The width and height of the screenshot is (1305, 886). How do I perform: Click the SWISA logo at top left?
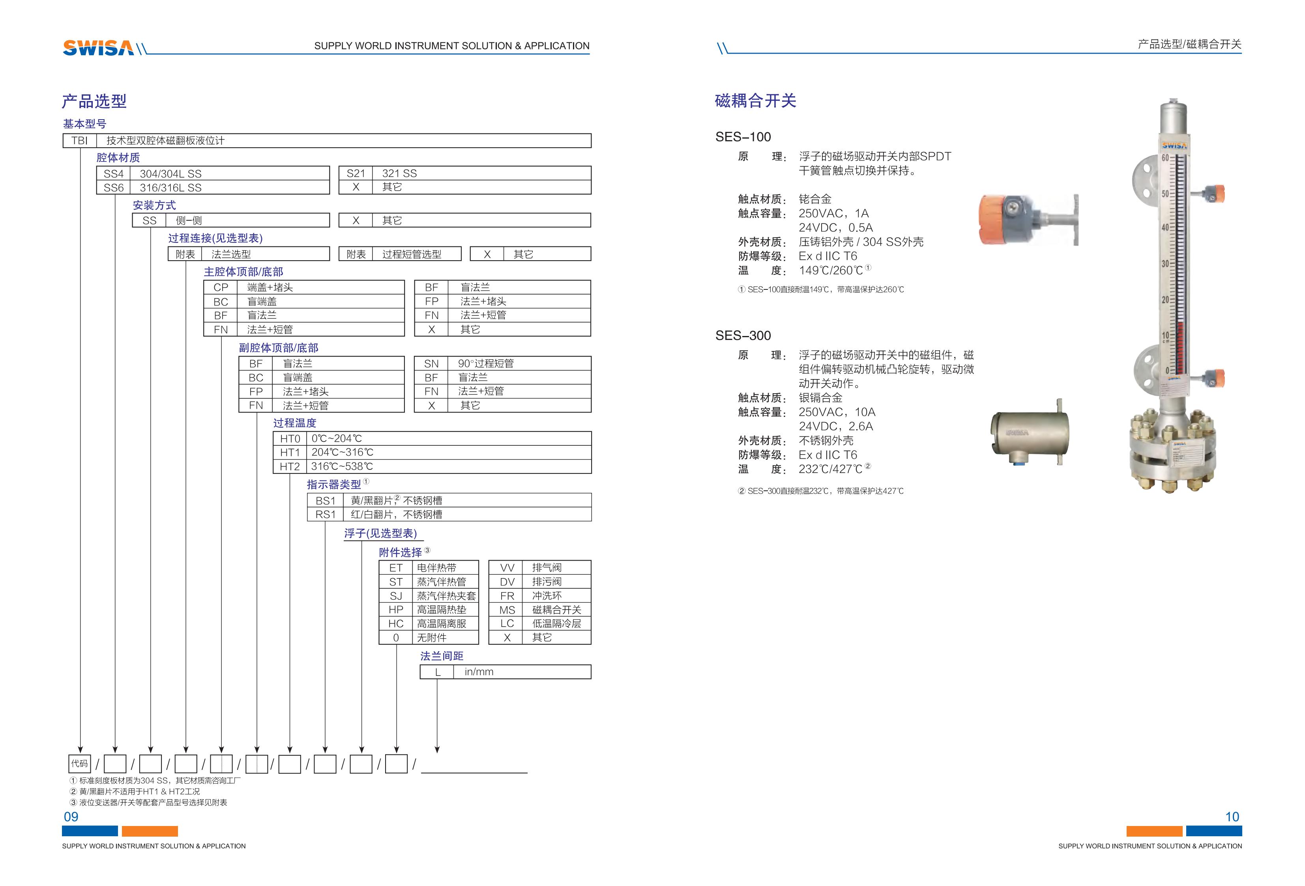(98, 48)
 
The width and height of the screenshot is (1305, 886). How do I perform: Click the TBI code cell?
(80, 141)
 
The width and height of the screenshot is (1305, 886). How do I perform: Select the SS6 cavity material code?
(113, 188)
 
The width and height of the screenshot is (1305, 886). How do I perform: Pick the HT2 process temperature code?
(290, 466)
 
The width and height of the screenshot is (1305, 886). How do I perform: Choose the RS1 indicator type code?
(325, 514)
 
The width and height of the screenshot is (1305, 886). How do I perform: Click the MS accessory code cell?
(507, 610)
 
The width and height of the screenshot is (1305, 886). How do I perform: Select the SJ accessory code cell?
(396, 595)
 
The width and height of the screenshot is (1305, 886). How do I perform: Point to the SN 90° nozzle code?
(431, 364)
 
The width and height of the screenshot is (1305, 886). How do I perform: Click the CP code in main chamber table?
(221, 287)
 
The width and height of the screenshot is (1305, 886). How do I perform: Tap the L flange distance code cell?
(437, 672)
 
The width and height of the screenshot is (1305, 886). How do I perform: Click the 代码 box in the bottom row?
(79, 764)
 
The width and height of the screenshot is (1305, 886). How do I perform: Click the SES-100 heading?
(743, 137)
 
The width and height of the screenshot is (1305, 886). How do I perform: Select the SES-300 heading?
(743, 336)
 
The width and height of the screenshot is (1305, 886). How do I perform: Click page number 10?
(1232, 817)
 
